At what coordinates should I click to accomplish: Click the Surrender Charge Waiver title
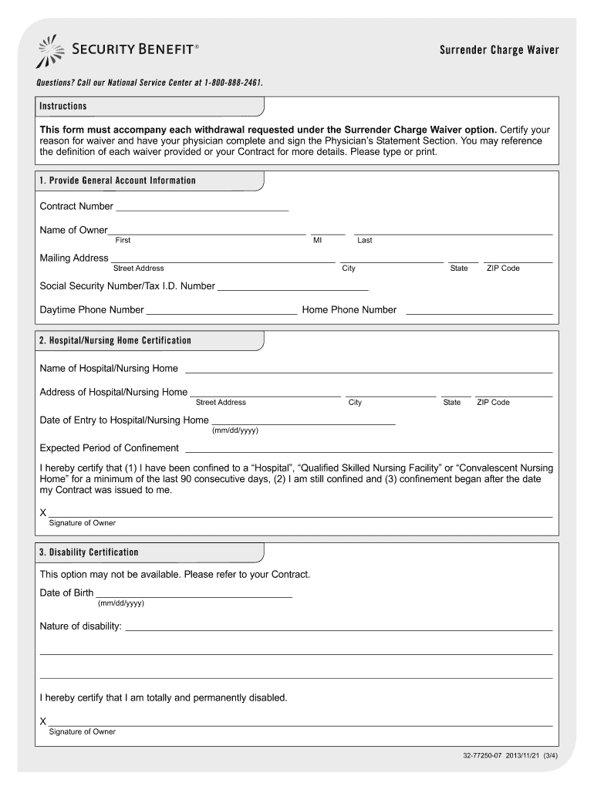point(499,51)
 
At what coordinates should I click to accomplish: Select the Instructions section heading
point(63,106)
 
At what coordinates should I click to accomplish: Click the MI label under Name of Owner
point(317,241)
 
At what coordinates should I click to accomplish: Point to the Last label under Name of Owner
point(365,241)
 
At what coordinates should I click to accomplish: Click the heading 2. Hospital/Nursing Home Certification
point(116,341)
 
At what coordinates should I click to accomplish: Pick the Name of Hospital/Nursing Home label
point(109,369)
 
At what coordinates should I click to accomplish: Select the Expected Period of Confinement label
point(110,448)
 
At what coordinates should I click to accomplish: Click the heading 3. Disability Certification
point(89,553)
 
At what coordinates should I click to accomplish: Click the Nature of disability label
point(81,626)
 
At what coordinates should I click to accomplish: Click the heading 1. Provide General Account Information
point(117,181)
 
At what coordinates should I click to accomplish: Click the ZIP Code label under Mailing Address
point(503,268)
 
